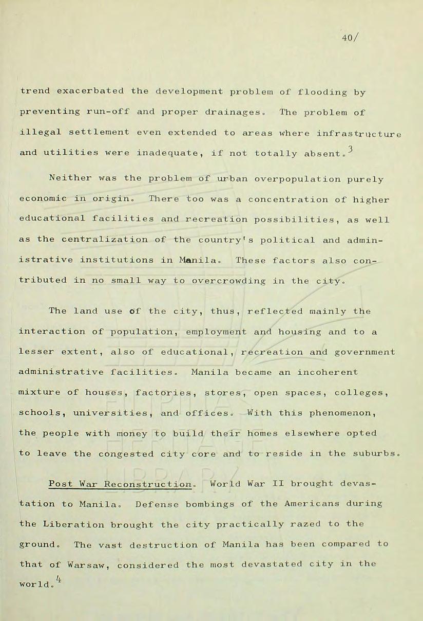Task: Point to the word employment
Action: [216, 332]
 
